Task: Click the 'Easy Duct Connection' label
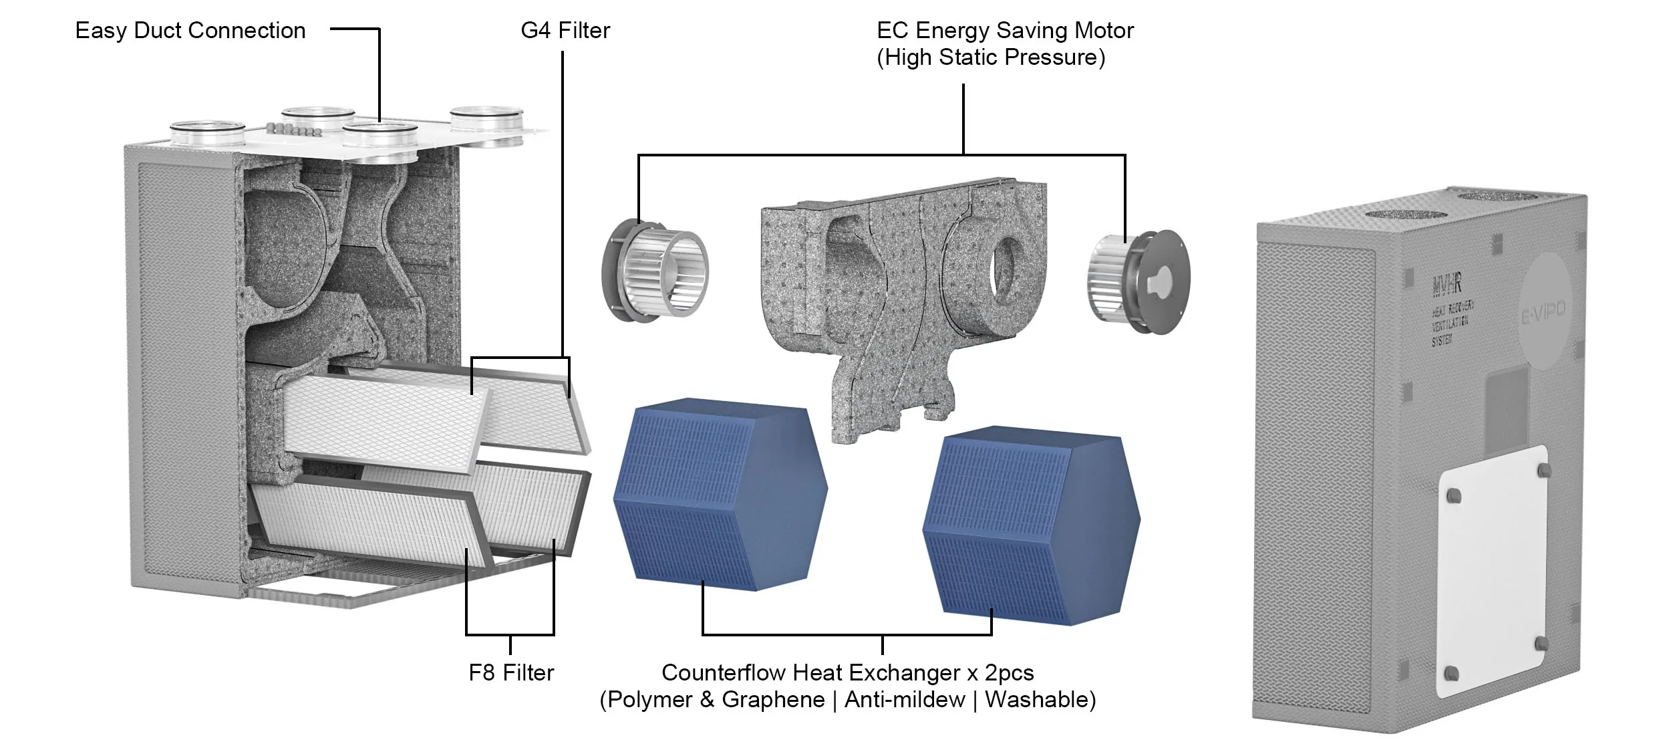190,31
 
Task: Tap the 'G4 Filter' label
565,31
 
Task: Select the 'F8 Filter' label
511,672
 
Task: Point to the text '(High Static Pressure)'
991,58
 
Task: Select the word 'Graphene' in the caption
773,700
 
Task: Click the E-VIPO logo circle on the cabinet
1543,311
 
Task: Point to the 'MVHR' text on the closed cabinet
1447,285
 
